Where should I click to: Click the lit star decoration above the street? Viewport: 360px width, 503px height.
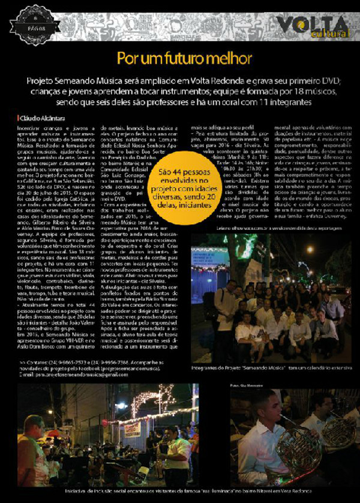[x=146, y=397]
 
